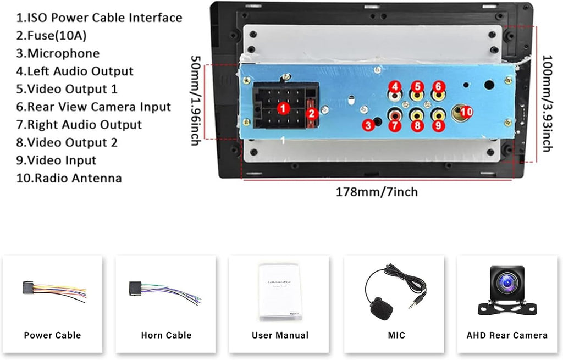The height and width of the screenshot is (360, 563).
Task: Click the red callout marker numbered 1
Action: pos(283,108)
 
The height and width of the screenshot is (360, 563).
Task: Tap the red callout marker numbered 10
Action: pos(466,112)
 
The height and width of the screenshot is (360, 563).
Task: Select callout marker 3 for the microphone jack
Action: pos(368,125)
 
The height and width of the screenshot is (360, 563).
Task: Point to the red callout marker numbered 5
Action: pos(417,86)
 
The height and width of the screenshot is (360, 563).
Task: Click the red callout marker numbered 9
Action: pos(438,125)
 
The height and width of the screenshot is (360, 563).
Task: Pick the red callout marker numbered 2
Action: pos(311,114)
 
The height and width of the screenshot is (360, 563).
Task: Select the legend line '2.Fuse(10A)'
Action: pos(51,36)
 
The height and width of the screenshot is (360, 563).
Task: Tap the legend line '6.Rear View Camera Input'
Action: pos(93,107)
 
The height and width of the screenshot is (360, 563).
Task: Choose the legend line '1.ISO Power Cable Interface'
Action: pos(99,18)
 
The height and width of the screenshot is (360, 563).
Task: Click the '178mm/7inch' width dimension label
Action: pos(377,192)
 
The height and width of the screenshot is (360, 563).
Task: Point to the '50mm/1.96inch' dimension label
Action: pos(195,100)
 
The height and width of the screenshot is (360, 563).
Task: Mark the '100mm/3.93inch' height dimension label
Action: pos(547,102)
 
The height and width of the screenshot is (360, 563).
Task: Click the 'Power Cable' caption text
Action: pos(52,335)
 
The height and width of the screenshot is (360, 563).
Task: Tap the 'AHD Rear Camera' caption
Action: pos(507,335)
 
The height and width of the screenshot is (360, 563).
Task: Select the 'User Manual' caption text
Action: pos(280,335)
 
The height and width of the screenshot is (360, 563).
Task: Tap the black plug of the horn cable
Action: pos(135,288)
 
